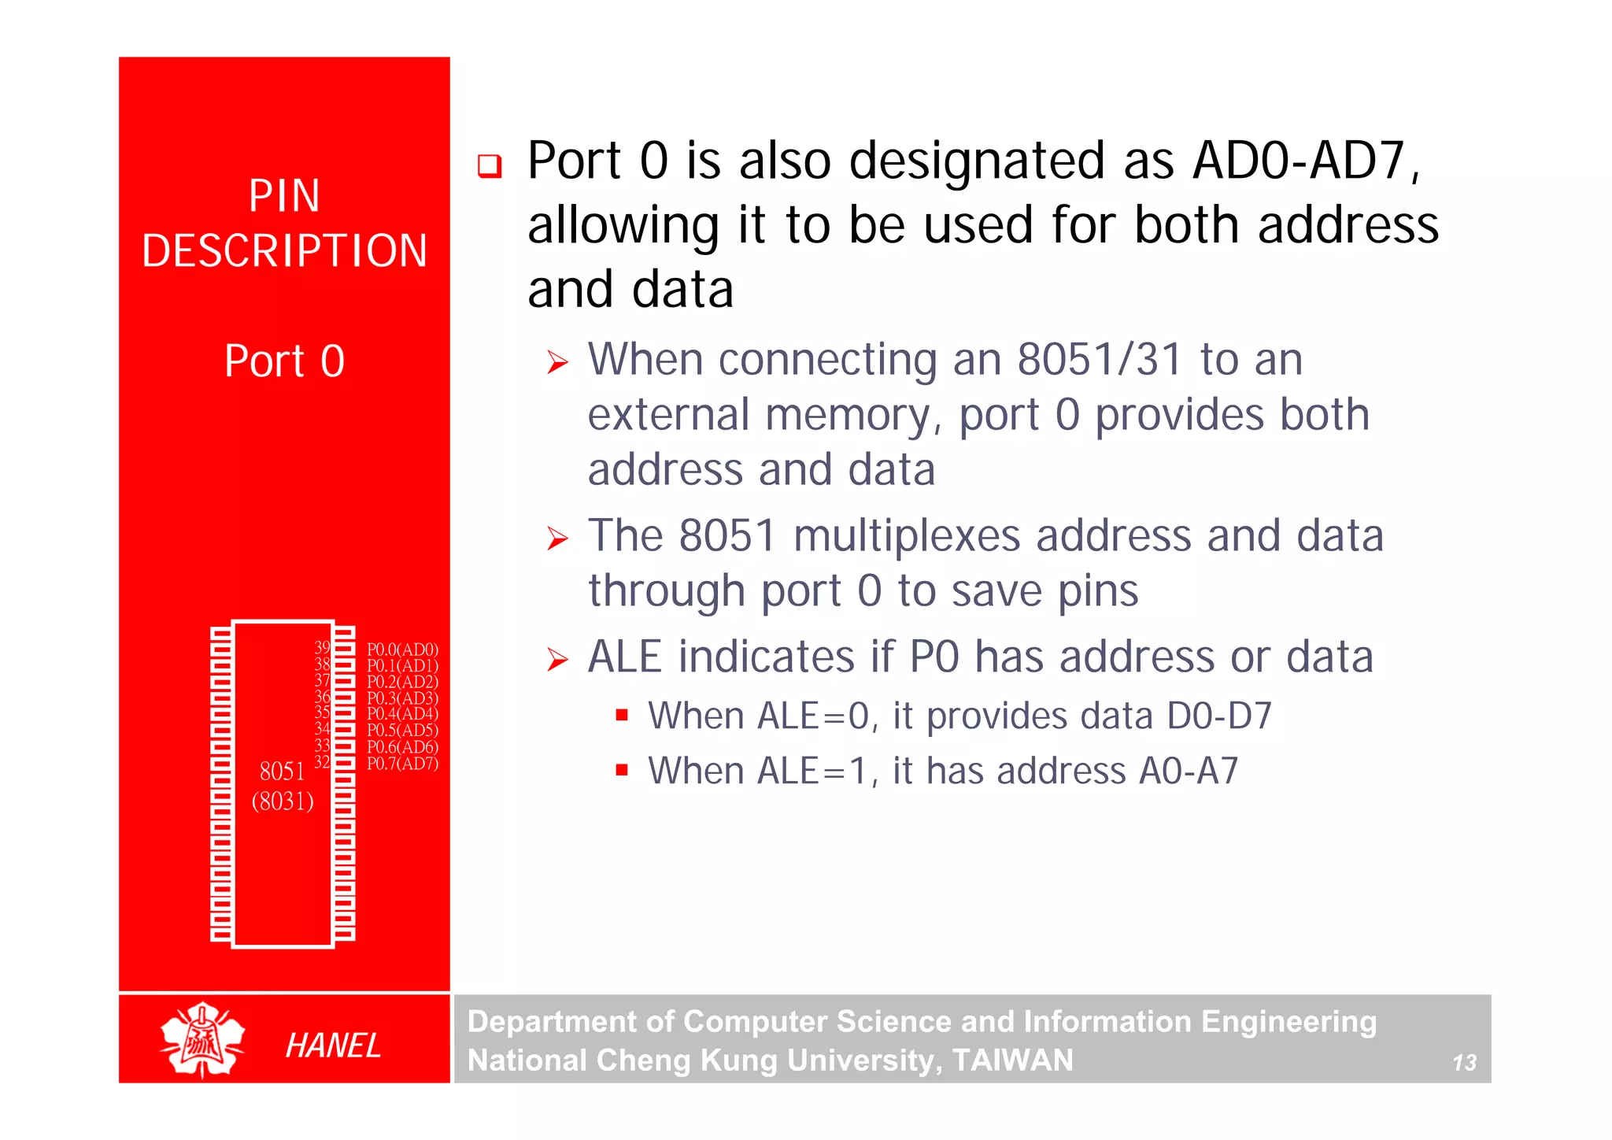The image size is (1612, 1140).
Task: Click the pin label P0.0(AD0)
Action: tap(402, 650)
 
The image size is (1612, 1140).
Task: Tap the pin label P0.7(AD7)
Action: tap(402, 764)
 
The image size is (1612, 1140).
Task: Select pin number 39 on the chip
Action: tap(322, 647)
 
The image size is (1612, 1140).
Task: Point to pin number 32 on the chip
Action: tap(322, 761)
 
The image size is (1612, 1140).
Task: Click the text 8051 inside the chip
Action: tap(282, 771)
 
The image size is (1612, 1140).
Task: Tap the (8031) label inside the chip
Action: tap(283, 801)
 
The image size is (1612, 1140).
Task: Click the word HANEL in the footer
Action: tap(333, 1046)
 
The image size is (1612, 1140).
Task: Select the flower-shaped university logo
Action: tap(202, 1039)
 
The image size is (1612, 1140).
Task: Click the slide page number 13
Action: tap(1464, 1063)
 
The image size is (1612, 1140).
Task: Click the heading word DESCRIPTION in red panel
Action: tap(284, 251)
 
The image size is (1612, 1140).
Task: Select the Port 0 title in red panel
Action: tap(284, 361)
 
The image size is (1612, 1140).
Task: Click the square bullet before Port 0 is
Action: tap(490, 166)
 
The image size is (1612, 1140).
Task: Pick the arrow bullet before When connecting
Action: tap(557, 363)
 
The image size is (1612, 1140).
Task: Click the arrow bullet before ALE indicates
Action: tap(557, 660)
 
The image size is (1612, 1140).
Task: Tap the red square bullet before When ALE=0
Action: tap(622, 715)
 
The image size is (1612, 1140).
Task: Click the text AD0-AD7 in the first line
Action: tap(1299, 161)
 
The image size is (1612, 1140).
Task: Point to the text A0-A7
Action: tap(1189, 771)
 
